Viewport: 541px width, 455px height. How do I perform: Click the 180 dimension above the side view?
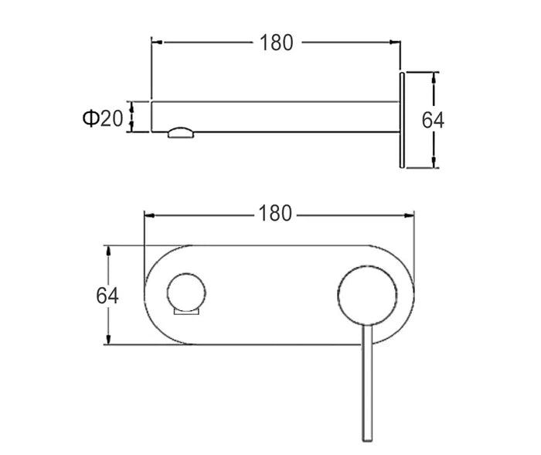click(276, 43)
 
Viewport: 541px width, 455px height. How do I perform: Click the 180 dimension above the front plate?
click(276, 213)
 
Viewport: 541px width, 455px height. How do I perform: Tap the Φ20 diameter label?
click(102, 118)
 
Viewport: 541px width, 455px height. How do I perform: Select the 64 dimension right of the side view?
click(434, 120)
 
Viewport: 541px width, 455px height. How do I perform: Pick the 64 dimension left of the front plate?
click(107, 296)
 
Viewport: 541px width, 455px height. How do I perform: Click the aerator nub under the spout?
click(180, 132)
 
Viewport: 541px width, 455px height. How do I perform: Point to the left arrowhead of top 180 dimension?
click(155, 43)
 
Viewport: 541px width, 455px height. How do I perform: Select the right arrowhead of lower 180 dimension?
click(413, 213)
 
